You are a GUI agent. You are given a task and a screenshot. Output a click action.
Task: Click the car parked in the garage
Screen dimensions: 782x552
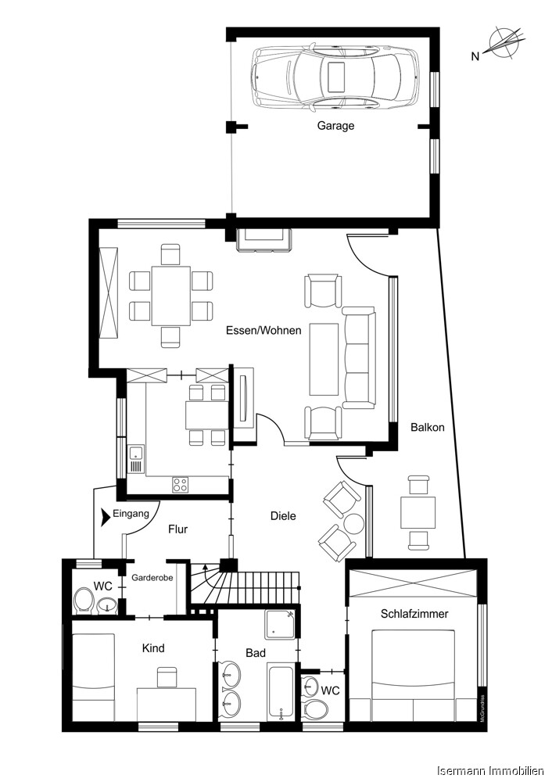tap(335, 77)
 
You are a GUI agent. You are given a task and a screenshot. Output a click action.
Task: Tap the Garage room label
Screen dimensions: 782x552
tap(335, 125)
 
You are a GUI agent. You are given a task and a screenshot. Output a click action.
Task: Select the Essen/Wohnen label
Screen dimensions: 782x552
tap(263, 330)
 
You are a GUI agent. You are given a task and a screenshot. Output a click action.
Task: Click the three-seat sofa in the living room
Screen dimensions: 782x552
tap(359, 357)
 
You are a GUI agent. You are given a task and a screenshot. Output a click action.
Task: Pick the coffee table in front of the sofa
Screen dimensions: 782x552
tap(324, 357)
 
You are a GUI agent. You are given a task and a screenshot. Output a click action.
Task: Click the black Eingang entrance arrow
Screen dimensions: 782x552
tap(106, 515)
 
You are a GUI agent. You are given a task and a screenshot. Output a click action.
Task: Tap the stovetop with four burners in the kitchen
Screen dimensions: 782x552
tap(181, 484)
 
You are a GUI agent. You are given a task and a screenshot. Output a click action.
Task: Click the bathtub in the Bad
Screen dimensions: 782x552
tap(281, 691)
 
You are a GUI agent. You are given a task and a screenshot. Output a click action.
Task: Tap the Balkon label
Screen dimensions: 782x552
tap(428, 427)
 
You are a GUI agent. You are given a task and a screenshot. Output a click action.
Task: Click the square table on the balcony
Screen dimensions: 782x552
tap(418, 513)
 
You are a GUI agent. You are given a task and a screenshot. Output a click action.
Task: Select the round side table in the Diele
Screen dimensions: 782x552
tap(355, 523)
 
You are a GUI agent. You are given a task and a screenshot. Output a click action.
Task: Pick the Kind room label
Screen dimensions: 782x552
tap(153, 648)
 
